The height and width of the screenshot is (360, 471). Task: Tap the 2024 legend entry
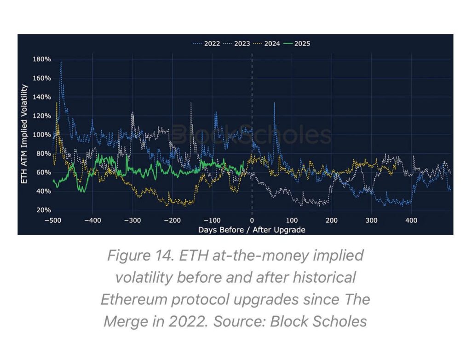point(272,44)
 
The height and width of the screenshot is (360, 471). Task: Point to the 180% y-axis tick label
point(41,59)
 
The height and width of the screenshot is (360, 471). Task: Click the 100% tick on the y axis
point(41,134)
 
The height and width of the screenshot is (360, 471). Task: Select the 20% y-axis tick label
point(43,210)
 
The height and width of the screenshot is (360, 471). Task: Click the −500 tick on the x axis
point(53,221)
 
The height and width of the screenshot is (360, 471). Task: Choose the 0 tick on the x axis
point(252,221)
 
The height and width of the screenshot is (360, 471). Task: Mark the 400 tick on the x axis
point(411,221)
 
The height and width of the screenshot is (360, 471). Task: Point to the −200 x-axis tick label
point(172,221)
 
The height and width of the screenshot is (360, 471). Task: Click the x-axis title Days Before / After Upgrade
point(252,229)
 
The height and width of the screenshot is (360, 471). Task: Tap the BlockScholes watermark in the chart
point(252,135)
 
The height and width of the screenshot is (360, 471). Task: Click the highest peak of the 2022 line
point(61,62)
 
